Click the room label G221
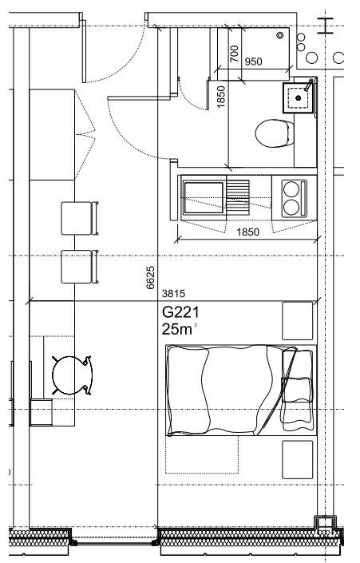point(180,312)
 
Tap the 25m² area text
point(179,329)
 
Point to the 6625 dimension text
point(150,278)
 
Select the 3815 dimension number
point(174,294)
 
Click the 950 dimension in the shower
point(253,61)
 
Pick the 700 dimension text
point(234,54)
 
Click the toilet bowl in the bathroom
point(275,133)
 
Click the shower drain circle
point(280,35)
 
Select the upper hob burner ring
point(291,189)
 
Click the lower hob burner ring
point(291,207)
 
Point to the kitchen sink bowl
point(204,198)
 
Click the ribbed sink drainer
point(238,196)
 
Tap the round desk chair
point(72,375)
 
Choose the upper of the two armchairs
point(80,218)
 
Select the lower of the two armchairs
point(80,267)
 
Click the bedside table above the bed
point(298,321)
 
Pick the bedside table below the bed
point(298,460)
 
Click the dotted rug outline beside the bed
point(202,454)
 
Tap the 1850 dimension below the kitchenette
point(247,232)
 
